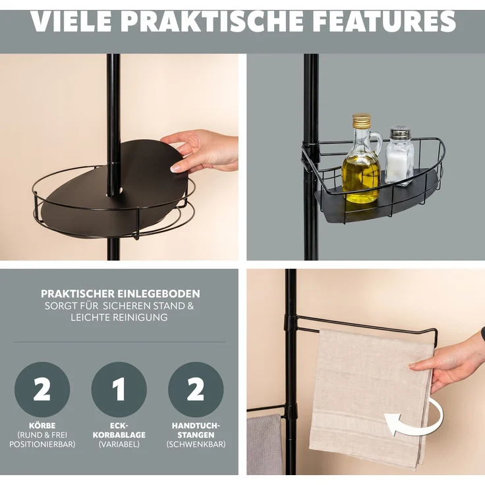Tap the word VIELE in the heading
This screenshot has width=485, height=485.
[x=71, y=21]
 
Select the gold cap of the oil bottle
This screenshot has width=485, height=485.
[x=362, y=121]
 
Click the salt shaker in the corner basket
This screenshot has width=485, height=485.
[x=399, y=156]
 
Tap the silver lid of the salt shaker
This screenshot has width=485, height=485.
[x=400, y=132]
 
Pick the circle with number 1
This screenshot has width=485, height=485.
[x=119, y=389]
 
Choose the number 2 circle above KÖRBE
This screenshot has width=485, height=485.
[x=42, y=389]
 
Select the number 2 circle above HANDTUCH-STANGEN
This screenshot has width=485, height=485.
[x=196, y=389]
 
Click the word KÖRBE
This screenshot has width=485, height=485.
[x=42, y=426]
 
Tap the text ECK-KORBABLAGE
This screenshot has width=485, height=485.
[x=119, y=430]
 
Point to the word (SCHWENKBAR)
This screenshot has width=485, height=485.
[x=196, y=444]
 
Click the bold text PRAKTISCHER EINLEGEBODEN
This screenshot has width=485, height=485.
[x=121, y=293]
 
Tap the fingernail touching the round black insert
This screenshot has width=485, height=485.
[x=175, y=168]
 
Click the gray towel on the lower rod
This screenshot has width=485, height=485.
[x=265, y=445]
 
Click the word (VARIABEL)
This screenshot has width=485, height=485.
[x=119, y=444]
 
